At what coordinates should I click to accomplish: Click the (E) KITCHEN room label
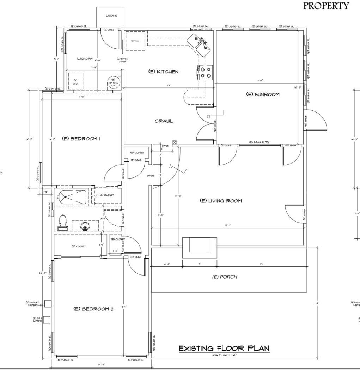[x=163, y=72]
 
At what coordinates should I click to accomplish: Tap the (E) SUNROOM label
[x=263, y=95]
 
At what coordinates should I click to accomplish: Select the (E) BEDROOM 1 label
[x=81, y=139]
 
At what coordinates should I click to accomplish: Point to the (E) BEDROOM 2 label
[x=93, y=309]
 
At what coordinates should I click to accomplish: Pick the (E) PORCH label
[x=225, y=277]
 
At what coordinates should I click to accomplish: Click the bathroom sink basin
[x=85, y=225]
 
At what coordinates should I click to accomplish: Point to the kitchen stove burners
[x=206, y=72]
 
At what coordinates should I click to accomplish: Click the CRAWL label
[x=164, y=121]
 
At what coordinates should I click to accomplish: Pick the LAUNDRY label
[x=85, y=59]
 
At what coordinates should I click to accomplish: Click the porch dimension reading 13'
[x=261, y=264]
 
